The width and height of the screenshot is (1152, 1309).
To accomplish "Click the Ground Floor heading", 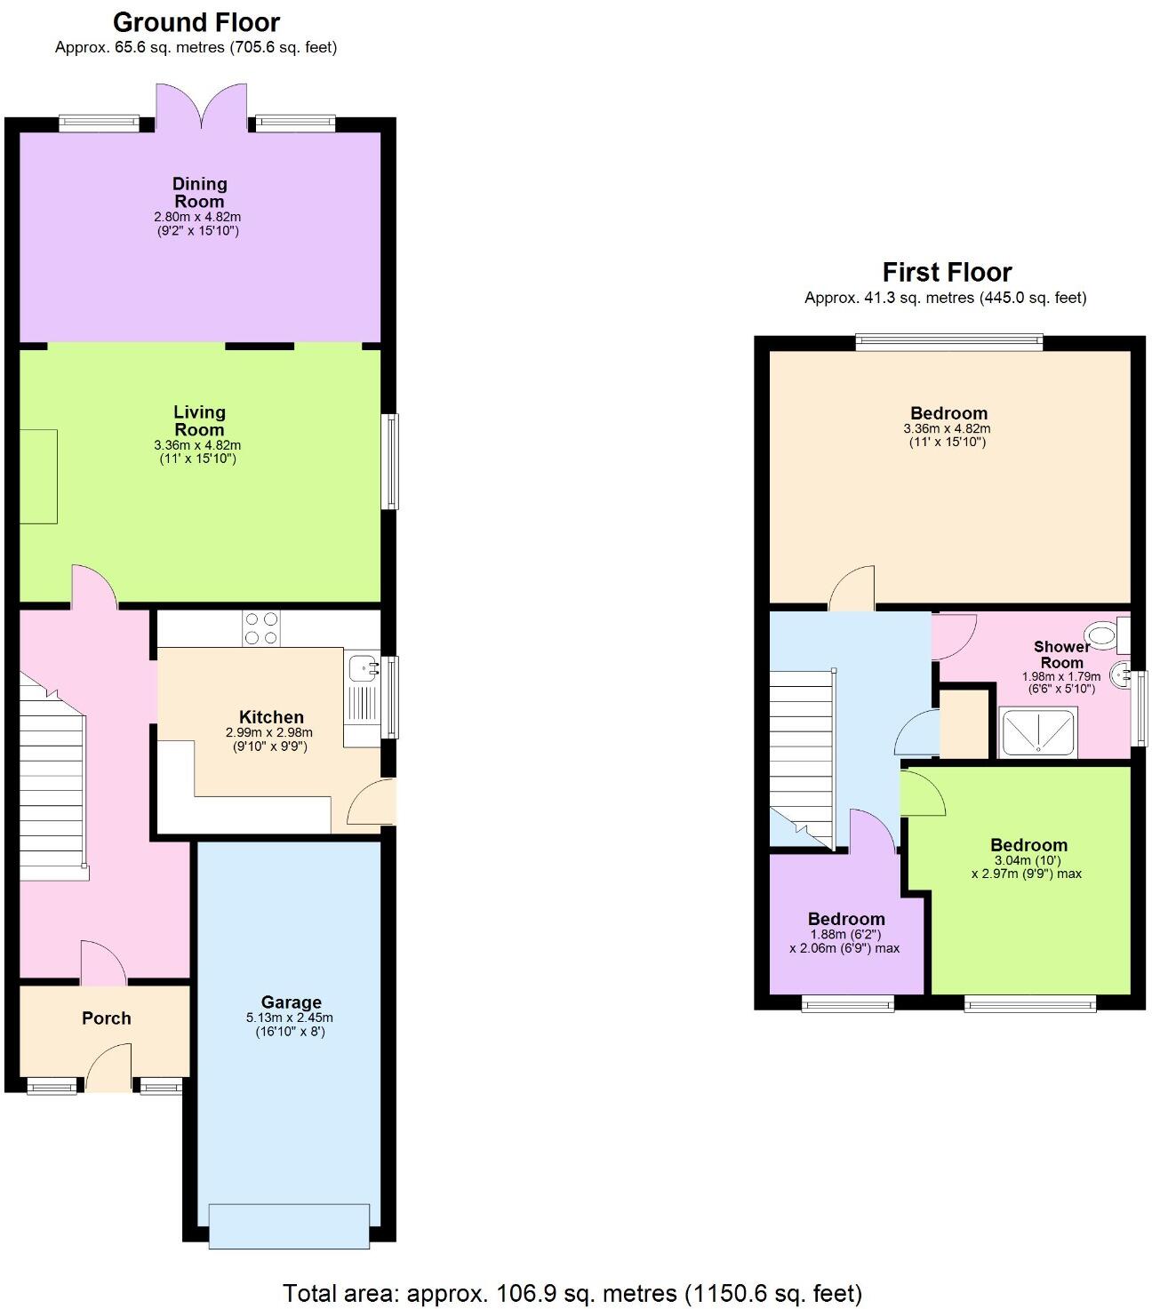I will tap(196, 22).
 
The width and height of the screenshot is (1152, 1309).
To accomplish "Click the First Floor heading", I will tap(947, 272).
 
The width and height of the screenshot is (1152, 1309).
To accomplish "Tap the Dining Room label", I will tap(200, 192).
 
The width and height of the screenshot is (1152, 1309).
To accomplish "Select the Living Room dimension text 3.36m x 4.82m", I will tap(196, 445).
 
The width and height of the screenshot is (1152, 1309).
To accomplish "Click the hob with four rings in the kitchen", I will tap(260, 628).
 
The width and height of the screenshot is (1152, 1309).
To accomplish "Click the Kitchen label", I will tap(271, 717).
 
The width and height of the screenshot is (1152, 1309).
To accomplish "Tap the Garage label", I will tap(291, 1002).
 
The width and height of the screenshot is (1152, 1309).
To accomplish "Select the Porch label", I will tap(106, 1018).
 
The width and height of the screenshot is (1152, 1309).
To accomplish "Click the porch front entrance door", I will tap(108, 1069).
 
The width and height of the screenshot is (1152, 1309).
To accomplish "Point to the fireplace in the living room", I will tap(38, 476).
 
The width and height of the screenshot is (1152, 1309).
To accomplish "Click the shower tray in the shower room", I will tap(1038, 732).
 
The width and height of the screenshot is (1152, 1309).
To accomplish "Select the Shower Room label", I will tap(1061, 654).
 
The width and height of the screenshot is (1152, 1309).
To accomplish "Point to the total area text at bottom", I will tap(572, 1292).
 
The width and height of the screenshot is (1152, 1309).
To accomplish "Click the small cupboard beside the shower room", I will tap(964, 722).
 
